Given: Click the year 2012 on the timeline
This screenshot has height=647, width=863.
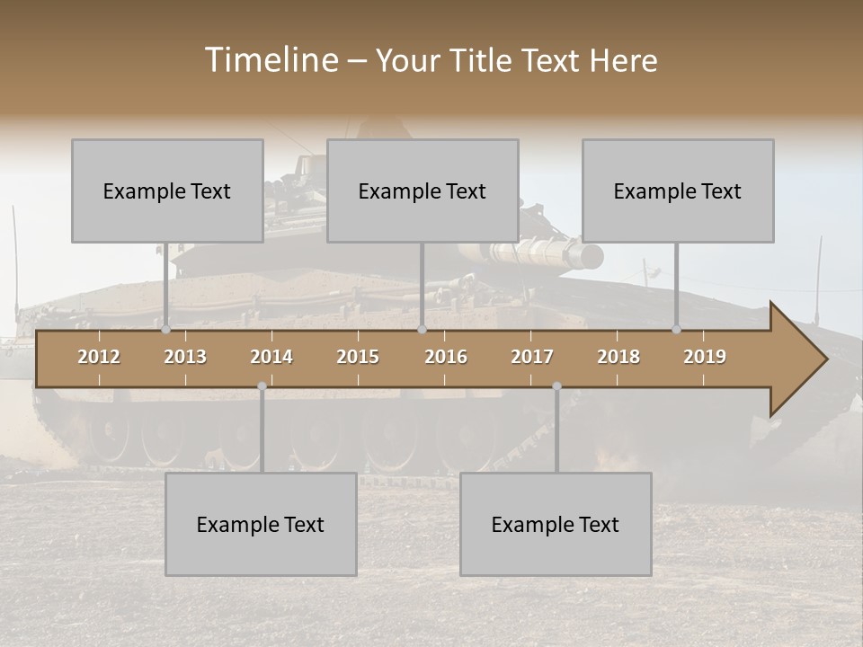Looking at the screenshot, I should (99, 357).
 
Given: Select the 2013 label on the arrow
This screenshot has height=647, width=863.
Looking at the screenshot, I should (185, 357).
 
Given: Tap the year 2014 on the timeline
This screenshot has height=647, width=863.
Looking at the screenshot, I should (271, 357).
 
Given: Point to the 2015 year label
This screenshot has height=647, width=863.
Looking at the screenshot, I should (358, 357).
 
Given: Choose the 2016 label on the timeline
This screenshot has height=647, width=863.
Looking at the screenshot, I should (446, 357).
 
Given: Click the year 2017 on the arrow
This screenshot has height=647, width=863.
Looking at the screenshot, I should (532, 357).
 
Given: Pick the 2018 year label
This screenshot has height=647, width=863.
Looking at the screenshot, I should (618, 357).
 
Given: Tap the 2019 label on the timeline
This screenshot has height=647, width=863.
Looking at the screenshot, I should (705, 357).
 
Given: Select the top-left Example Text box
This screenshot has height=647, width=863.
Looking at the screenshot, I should (167, 191).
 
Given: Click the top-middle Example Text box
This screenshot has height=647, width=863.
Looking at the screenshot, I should (423, 191).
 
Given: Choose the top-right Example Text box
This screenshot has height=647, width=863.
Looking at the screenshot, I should (678, 191).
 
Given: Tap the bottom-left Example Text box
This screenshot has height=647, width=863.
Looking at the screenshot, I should (261, 524).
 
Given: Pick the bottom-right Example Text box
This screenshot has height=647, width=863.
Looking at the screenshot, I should (556, 524).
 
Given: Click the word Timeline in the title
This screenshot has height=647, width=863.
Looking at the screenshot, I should (270, 60).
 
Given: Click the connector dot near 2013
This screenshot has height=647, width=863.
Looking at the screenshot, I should (166, 330).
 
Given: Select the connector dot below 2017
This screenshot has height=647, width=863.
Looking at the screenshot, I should (556, 386).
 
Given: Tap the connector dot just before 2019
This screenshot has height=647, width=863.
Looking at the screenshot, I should (677, 330).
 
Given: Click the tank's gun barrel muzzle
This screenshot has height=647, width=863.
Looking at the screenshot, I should (592, 255).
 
